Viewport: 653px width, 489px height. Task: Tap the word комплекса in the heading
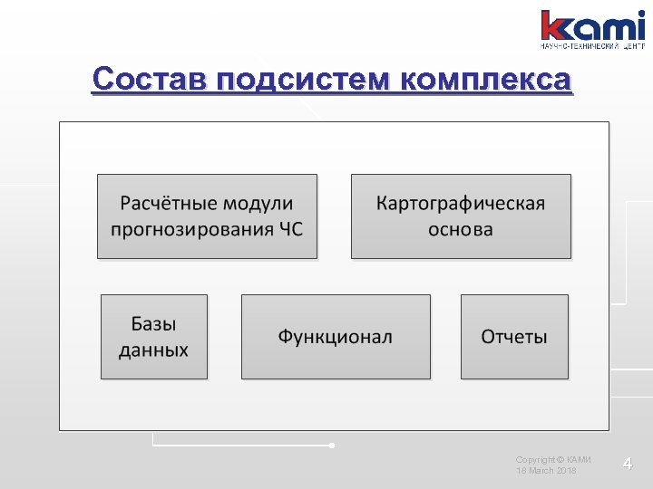click(x=486, y=81)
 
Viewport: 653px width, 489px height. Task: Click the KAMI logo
click(x=593, y=24)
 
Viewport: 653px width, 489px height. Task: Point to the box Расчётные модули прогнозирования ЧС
click(x=207, y=216)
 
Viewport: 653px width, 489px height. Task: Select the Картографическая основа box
click(x=461, y=216)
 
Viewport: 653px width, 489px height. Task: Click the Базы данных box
click(x=154, y=337)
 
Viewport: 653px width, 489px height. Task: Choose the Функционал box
click(x=336, y=337)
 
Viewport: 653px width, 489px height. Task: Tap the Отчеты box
click(x=514, y=337)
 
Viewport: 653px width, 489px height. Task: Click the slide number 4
click(x=627, y=465)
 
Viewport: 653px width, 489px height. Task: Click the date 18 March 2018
click(x=545, y=472)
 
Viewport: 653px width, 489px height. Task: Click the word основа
click(x=461, y=229)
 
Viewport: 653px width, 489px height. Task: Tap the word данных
click(x=154, y=350)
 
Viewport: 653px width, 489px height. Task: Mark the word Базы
click(x=154, y=324)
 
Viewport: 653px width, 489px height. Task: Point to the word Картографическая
click(x=461, y=202)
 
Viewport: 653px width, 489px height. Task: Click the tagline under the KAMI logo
click(x=593, y=45)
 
